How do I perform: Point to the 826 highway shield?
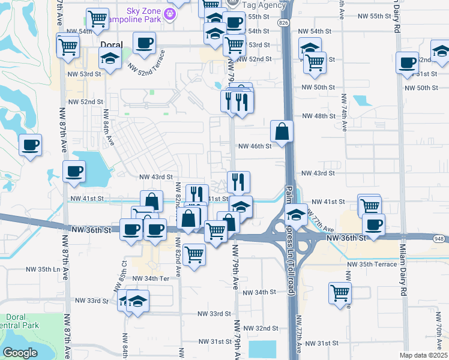(x=283, y=22)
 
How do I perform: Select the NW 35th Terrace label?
(x=375, y=264)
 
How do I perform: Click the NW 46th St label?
(x=255, y=146)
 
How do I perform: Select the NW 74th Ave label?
(x=344, y=112)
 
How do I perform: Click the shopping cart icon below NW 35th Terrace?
(x=340, y=293)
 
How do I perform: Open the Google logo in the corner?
(x=20, y=352)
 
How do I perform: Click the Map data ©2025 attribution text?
(x=424, y=355)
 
